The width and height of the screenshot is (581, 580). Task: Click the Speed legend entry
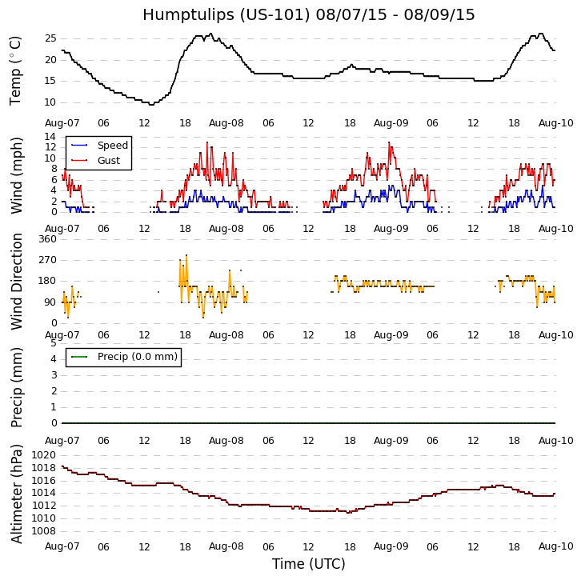coord(112,146)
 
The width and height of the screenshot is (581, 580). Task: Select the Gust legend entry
coord(108,161)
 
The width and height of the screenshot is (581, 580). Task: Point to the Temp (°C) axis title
coord(16,70)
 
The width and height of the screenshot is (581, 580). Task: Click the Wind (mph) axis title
coord(17,174)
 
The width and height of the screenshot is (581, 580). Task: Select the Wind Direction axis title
coord(17,281)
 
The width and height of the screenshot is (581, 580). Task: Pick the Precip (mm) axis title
coord(17,386)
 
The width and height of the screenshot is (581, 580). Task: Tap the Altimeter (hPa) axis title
coord(17,493)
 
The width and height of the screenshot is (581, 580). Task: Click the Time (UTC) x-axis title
coord(309,564)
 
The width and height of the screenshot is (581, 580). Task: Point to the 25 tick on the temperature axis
coord(50,38)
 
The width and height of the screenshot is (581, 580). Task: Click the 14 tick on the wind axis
coord(50,137)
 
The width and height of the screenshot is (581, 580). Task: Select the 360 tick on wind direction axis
coord(47,239)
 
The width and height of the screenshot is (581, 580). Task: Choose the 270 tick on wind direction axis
coord(47,260)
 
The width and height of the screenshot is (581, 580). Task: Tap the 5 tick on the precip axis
coord(53,343)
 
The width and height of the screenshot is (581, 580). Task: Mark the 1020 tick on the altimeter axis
coord(44,455)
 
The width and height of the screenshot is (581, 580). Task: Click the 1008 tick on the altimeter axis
coord(44,531)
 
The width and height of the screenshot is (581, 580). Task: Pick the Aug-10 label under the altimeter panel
coord(555,546)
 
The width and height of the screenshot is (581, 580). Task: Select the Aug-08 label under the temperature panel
coord(226,123)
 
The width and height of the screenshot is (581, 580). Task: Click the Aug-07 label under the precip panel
coord(62,441)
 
